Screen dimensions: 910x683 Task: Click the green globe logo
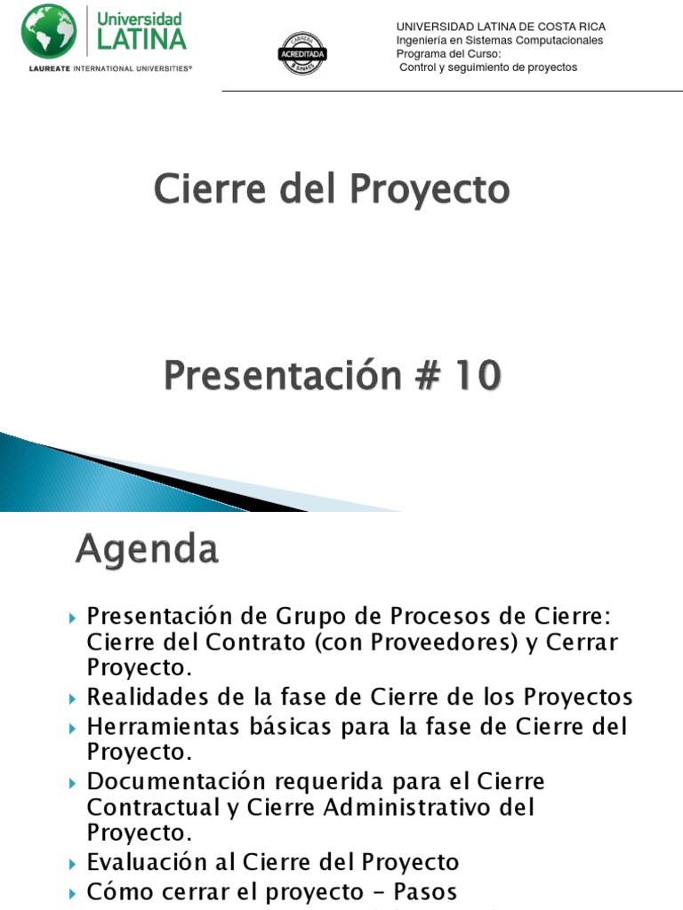pos(49,31)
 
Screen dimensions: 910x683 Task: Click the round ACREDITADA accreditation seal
pos(303,53)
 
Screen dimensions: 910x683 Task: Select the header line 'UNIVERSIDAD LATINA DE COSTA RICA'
pos(501,27)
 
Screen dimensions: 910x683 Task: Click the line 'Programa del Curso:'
pos(449,53)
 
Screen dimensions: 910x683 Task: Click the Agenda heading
pos(147,549)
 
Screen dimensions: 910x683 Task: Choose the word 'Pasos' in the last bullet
pos(419,891)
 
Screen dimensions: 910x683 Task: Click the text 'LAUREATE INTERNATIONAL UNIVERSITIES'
pos(105,67)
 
